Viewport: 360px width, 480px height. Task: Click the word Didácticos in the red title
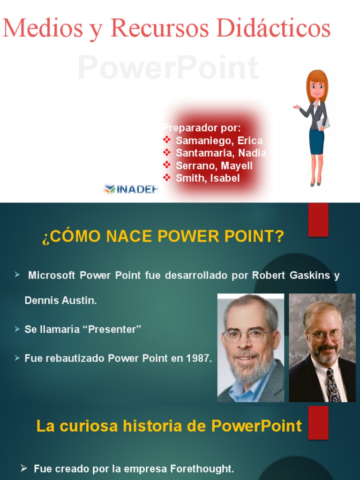tap(273, 28)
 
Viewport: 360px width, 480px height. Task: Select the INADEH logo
tap(131, 189)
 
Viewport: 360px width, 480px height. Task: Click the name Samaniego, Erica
tap(219, 141)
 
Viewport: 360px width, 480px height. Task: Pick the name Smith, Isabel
tap(207, 178)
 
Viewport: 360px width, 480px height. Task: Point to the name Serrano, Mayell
tap(214, 166)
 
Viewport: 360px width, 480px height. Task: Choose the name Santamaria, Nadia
tap(221, 153)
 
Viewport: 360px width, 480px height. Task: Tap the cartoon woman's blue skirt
tap(316, 142)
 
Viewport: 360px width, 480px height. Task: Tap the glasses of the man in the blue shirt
tap(245, 335)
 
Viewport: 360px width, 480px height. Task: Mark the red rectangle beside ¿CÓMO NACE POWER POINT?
tap(318, 220)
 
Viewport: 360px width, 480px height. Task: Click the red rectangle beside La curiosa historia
tap(318, 422)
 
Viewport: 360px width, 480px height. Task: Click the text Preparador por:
tap(202, 128)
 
